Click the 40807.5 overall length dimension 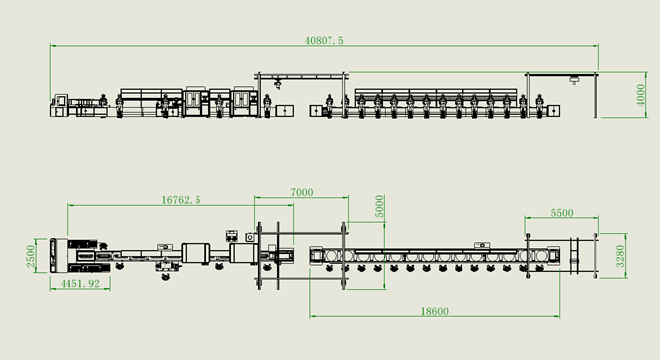325,41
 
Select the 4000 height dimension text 640,95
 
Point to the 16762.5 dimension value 181,200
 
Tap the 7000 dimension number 302,192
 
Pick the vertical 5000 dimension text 380,206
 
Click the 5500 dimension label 562,213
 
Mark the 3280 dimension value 620,256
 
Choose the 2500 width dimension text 31,256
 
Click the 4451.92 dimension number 80,284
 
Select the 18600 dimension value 435,312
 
